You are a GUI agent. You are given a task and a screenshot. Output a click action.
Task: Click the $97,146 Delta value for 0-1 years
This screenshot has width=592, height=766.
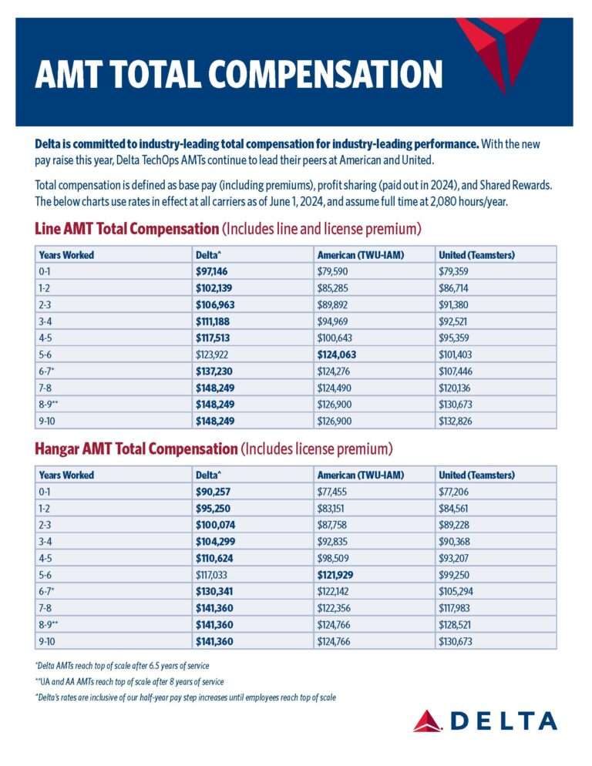(x=212, y=271)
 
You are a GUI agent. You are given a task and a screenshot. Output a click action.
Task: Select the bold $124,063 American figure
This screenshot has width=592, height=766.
(x=337, y=354)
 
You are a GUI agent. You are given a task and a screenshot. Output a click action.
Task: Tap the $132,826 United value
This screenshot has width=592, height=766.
(x=455, y=421)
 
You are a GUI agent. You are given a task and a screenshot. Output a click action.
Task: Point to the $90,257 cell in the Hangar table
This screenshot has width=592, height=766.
(x=214, y=492)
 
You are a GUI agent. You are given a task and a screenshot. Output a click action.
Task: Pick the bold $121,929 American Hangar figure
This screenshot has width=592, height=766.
(x=335, y=575)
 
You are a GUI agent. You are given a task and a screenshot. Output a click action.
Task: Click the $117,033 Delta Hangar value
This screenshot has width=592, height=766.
(x=212, y=575)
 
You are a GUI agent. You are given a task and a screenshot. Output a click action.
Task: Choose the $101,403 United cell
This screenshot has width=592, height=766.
(x=455, y=354)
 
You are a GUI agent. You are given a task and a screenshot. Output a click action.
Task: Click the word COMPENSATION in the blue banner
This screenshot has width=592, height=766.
(x=325, y=74)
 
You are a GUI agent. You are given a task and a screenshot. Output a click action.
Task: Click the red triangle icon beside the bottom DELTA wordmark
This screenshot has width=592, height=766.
(x=428, y=721)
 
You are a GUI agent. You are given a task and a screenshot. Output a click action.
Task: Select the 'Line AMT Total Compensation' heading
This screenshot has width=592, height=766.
(x=126, y=229)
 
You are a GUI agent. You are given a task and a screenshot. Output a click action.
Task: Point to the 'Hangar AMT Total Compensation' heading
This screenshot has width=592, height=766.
(x=136, y=449)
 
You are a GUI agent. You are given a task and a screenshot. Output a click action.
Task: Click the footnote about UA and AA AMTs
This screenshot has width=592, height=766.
(x=129, y=681)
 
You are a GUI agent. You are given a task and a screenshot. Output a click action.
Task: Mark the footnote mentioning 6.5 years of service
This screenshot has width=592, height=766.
(x=123, y=666)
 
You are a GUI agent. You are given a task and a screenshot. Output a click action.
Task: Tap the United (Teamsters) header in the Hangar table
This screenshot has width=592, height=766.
(x=476, y=475)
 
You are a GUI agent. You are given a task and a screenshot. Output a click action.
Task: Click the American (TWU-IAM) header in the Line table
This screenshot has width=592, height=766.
(x=361, y=255)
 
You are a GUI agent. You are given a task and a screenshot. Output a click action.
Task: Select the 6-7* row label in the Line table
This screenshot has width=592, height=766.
(x=46, y=371)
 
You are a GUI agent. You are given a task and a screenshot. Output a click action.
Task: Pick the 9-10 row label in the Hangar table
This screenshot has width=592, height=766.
(x=47, y=641)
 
